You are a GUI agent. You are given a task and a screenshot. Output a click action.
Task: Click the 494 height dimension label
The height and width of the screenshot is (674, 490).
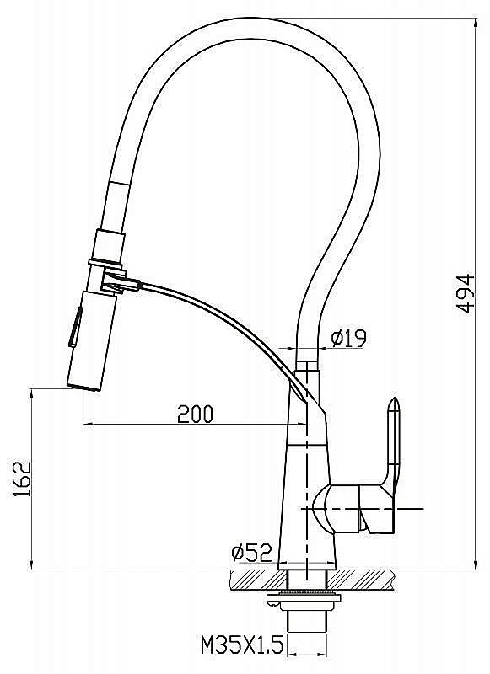465,293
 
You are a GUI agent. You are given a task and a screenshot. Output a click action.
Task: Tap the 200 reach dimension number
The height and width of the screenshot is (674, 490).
196,414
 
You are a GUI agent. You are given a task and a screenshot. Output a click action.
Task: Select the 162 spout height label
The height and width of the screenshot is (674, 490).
23,479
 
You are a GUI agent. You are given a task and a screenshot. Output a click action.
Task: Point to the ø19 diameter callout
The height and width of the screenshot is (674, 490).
348,338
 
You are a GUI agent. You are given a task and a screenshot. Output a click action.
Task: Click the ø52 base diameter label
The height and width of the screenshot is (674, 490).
251,552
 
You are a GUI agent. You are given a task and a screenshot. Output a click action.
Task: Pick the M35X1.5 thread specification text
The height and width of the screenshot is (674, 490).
242,645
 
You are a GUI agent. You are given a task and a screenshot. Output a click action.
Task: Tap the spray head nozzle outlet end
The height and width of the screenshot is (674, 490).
84,386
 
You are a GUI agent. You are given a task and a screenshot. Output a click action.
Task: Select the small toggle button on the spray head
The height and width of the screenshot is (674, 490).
75,327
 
